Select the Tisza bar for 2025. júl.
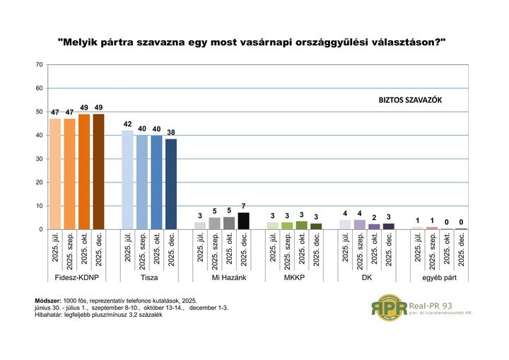(127, 180)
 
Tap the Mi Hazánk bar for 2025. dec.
(243, 221)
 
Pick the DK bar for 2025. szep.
(360, 224)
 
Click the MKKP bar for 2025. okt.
(302, 226)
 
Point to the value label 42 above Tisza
(127, 124)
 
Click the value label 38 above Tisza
(171, 132)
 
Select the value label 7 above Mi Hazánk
(243, 206)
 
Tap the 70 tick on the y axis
(39, 65)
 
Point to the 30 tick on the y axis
(39, 159)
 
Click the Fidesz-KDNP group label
(76, 278)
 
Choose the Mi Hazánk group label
(221, 278)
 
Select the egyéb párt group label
(439, 278)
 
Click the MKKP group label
(294, 278)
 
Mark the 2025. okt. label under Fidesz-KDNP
(84, 249)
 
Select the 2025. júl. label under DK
(345, 249)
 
